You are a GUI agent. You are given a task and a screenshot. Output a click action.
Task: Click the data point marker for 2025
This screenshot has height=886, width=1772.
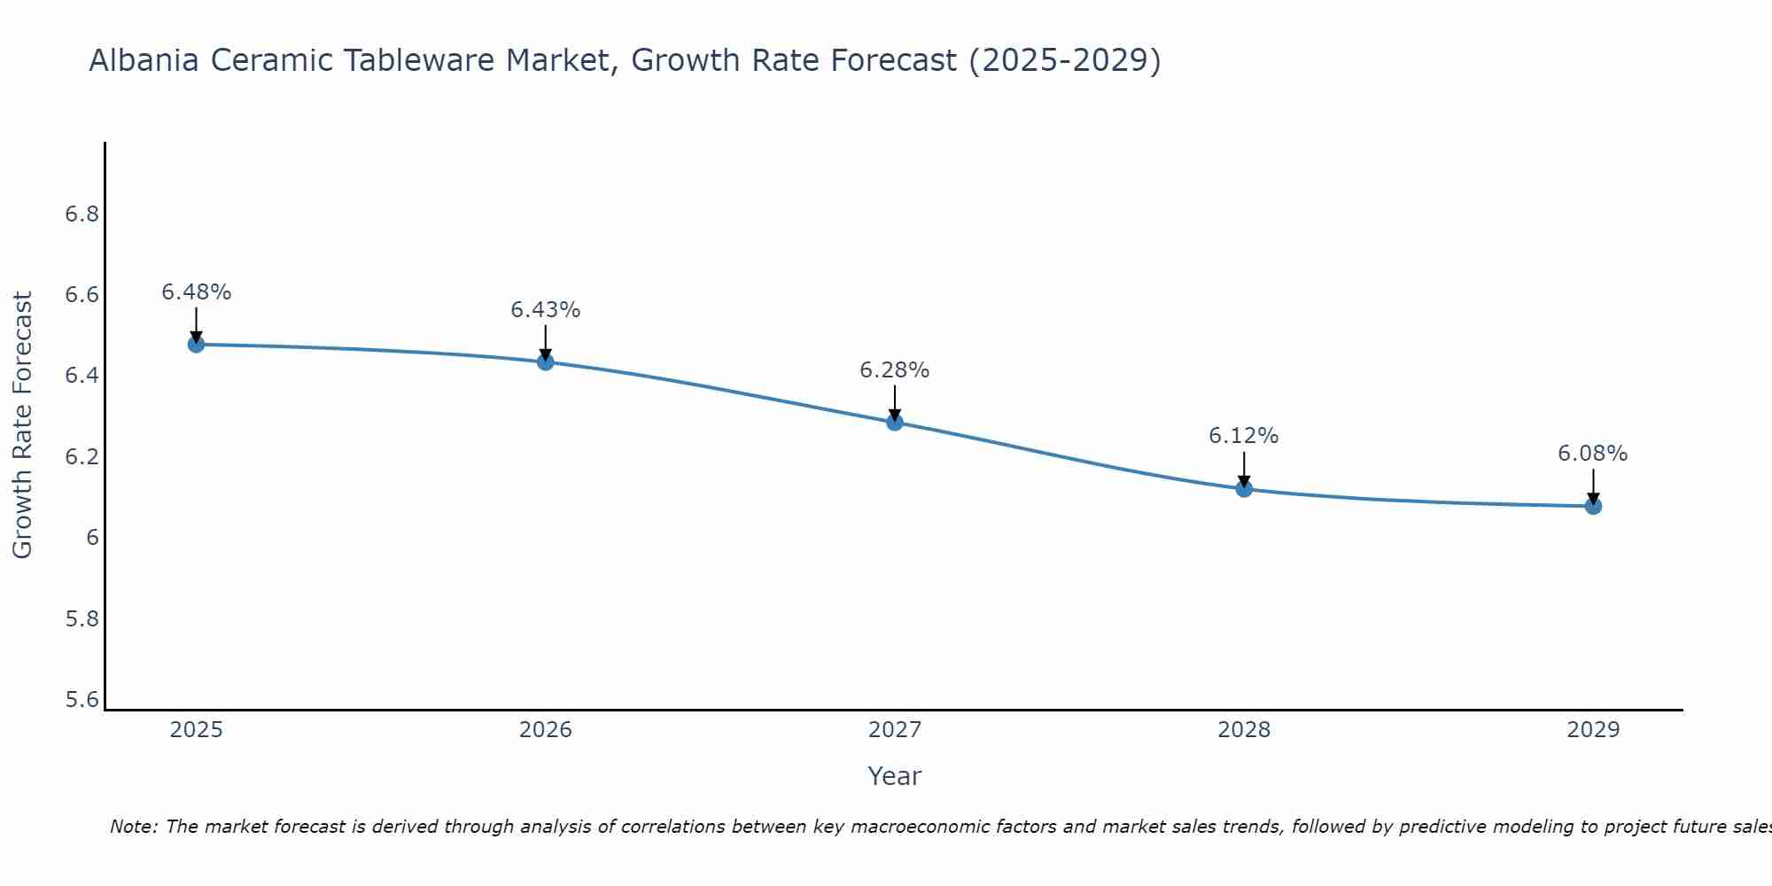click(x=196, y=344)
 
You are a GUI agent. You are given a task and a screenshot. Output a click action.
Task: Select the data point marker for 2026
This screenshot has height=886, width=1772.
click(x=545, y=361)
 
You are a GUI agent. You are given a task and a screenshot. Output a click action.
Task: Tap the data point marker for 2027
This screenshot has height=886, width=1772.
click(x=894, y=422)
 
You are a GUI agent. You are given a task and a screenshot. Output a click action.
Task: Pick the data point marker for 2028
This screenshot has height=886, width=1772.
click(x=1243, y=488)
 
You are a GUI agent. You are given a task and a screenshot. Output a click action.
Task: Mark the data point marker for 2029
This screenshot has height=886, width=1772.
click(x=1592, y=506)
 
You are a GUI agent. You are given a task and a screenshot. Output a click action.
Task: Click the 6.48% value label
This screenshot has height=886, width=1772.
click(x=196, y=292)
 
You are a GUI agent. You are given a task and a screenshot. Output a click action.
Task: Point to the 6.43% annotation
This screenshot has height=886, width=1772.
click(x=545, y=310)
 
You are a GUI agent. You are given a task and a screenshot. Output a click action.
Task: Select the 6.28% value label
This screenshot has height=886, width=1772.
click(x=894, y=370)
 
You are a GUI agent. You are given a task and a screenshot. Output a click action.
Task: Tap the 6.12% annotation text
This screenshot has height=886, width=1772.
click(x=1243, y=436)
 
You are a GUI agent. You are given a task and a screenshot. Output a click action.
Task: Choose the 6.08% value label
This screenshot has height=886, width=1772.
click(x=1592, y=454)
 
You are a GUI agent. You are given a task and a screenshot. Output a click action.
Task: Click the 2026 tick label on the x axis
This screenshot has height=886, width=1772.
click(x=545, y=730)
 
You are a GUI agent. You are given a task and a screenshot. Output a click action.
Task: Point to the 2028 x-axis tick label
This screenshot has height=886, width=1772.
click(x=1243, y=730)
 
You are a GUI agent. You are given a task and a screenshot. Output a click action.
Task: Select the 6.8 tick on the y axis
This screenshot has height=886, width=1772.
click(x=82, y=214)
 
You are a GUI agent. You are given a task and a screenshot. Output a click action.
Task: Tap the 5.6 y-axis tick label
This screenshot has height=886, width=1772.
click(x=82, y=700)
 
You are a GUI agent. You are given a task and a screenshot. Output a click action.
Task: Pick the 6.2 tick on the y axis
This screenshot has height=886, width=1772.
click(x=82, y=457)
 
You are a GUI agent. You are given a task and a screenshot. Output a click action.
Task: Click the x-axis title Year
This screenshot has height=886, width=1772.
click(x=894, y=776)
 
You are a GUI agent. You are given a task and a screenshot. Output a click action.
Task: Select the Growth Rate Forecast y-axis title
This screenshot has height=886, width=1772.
click(x=22, y=425)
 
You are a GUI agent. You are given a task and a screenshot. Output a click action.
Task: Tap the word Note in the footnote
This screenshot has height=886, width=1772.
click(x=133, y=827)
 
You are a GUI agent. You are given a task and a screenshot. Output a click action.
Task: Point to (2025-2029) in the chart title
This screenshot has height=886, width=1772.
click(x=1064, y=61)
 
